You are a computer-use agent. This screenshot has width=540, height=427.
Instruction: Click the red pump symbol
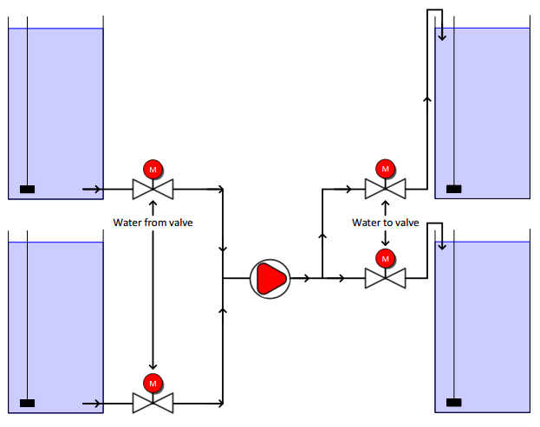tap(270, 279)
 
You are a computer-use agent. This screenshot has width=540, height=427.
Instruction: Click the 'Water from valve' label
tap(153, 223)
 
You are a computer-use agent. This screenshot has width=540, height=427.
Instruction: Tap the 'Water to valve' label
tap(386, 223)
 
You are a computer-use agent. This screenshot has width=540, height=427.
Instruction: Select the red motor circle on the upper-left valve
tap(153, 169)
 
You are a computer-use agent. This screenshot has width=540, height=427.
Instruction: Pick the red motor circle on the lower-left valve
tap(153, 384)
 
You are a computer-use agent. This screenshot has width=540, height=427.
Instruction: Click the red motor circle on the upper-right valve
tap(386, 169)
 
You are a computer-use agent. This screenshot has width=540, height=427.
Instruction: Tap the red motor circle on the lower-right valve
tap(386, 258)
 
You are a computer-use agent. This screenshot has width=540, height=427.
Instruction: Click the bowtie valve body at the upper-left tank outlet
tap(153, 189)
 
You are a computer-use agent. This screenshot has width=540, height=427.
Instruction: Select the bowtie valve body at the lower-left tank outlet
tap(153, 403)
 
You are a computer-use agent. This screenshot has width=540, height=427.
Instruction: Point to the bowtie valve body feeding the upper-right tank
tap(386, 189)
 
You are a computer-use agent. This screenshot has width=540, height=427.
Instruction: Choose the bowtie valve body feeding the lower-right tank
tap(386, 278)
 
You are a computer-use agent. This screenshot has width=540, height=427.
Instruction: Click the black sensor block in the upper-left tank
tap(27, 189)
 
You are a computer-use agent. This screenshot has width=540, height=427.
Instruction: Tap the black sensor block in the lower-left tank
tap(27, 403)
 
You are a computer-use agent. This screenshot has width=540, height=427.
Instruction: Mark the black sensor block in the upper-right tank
tap(454, 189)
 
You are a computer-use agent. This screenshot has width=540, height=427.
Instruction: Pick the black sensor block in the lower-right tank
tap(454, 402)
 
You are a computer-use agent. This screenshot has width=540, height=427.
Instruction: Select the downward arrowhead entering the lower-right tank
tap(442, 246)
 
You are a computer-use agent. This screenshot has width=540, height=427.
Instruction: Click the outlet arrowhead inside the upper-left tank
tap(97, 189)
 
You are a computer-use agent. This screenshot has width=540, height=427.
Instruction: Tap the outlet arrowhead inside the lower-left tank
tap(97, 404)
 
